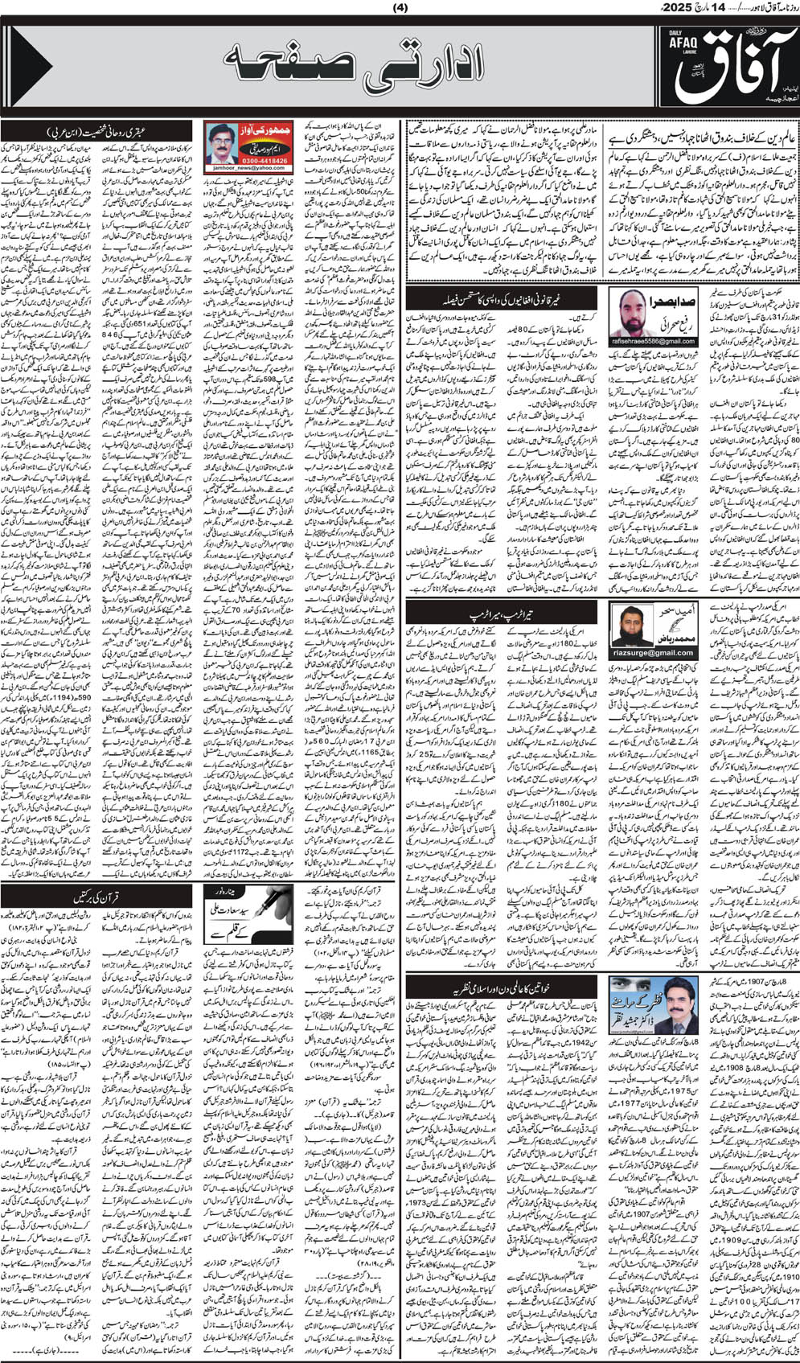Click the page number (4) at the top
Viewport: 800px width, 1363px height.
[x=400, y=9]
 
